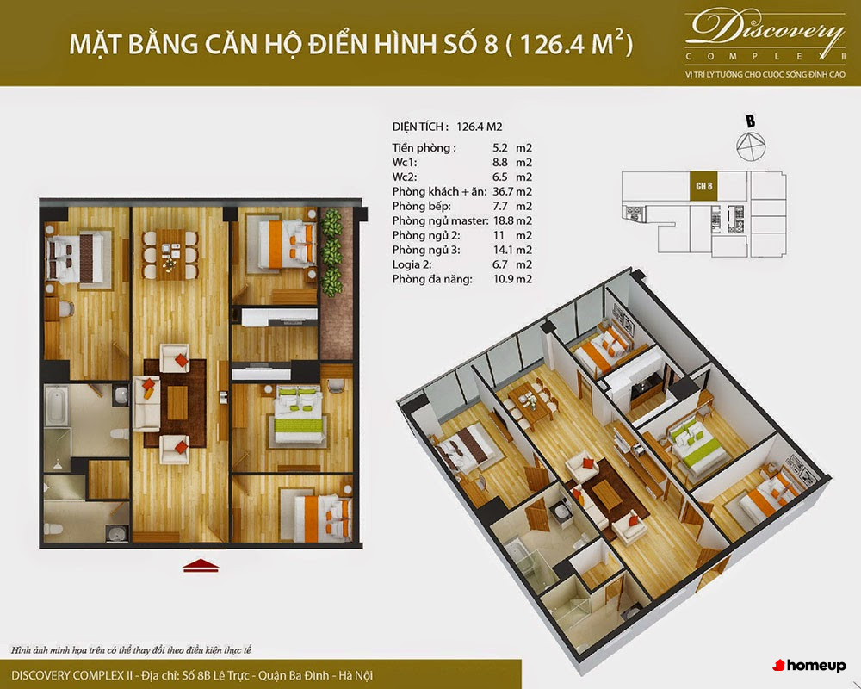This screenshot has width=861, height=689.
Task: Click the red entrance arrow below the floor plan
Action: (201, 565)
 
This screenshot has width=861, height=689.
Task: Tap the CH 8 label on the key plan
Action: (703, 186)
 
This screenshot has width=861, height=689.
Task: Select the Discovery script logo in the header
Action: (765, 28)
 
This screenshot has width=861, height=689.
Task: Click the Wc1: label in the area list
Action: (405, 162)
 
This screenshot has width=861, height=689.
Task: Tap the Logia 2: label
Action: (412, 264)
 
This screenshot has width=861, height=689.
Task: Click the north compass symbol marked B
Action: (750, 140)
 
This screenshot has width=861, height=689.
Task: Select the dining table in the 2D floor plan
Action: (170, 254)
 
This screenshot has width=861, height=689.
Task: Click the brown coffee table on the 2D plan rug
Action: (177, 403)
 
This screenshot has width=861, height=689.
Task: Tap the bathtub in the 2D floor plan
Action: (57, 406)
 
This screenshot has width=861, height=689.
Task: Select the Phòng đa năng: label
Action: (432, 279)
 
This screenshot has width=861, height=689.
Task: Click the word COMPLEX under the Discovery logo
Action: (765, 57)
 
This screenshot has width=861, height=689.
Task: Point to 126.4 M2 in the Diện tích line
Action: (479, 127)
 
